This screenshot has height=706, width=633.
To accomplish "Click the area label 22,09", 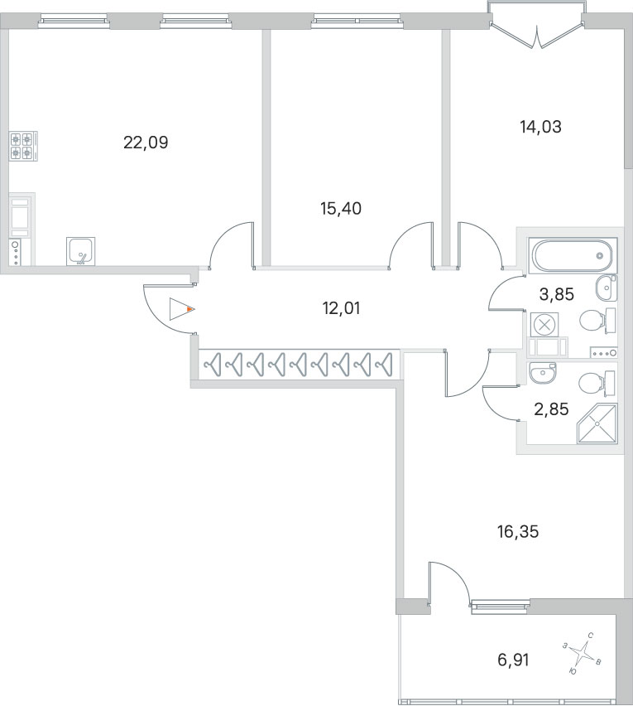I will tap(146, 143).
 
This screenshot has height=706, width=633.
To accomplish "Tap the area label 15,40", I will tap(341, 209).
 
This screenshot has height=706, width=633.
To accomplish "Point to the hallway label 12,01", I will tap(341, 308).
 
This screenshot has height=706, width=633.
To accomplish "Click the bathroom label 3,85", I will tap(556, 293).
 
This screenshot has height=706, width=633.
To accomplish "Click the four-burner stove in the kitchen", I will tap(22, 147).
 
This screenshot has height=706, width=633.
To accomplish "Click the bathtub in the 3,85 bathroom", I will tap(572, 255).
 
